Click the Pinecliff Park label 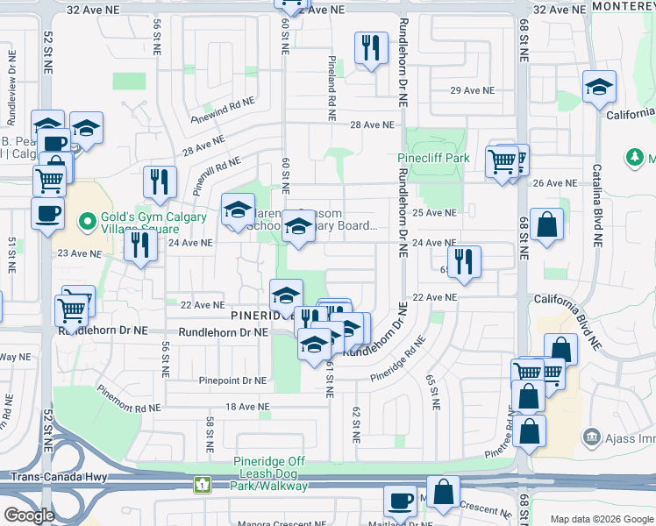pos(433,159)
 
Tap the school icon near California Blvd pos(600,87)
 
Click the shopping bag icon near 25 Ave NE pos(546,224)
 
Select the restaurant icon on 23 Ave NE pos(140,245)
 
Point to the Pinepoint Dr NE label pos(232,380)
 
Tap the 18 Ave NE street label pos(246,407)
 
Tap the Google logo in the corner pos(29,515)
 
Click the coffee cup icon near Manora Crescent pos(401,501)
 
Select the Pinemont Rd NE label pos(129,401)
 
